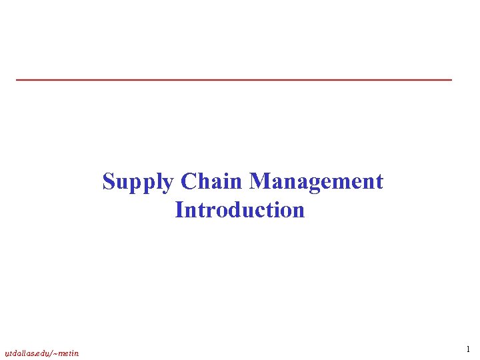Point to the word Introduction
(x=240, y=210)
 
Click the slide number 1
(x=468, y=349)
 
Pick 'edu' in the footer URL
(x=42, y=353)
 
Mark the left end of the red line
(x=17, y=80)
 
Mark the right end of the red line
(x=451, y=80)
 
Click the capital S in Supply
(x=109, y=181)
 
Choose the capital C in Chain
(x=187, y=181)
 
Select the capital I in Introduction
(x=179, y=210)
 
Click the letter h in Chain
(x=203, y=181)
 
